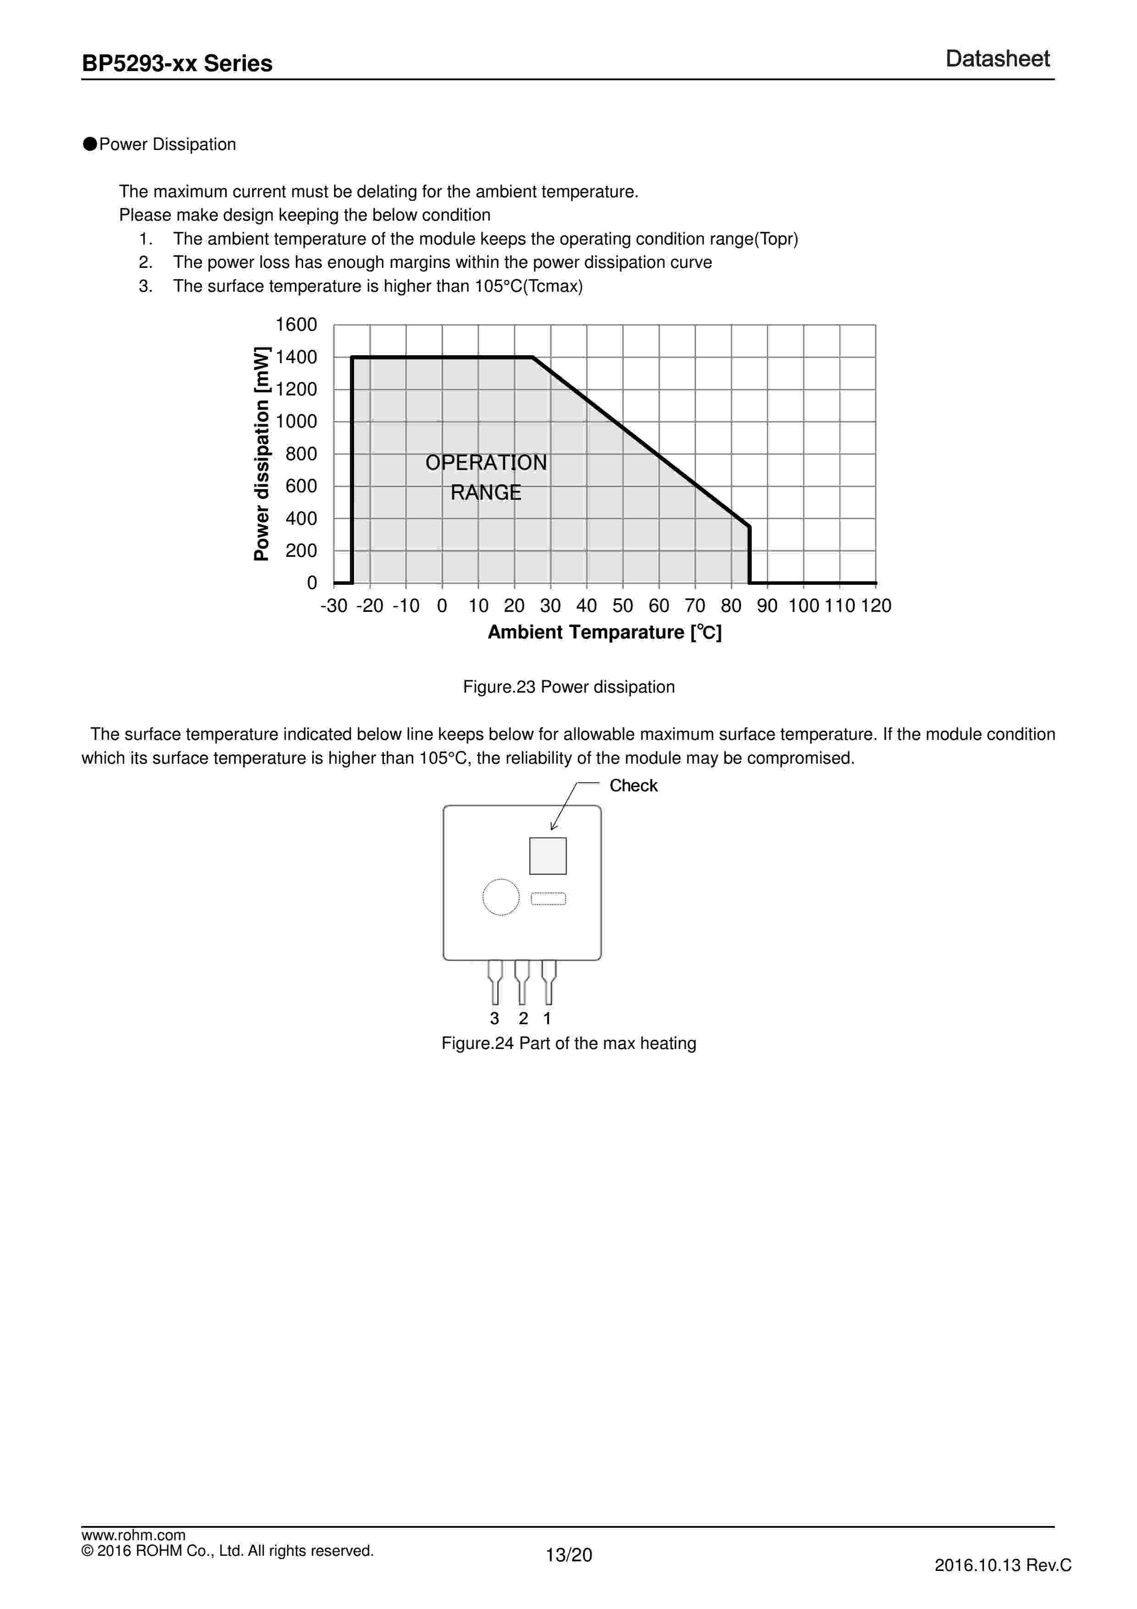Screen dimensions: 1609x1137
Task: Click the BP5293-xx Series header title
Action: [177, 64]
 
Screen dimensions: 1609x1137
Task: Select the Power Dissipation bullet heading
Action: [167, 144]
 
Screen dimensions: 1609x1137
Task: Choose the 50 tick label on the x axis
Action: [623, 605]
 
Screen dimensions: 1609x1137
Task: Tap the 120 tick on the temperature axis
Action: [876, 605]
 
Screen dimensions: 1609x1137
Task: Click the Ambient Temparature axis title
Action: [605, 632]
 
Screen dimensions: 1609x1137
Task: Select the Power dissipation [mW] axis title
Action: [261, 454]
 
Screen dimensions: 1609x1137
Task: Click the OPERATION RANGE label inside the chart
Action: [486, 477]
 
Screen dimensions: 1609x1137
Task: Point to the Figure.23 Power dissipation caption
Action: [568, 687]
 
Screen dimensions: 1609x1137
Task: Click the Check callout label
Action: [633, 786]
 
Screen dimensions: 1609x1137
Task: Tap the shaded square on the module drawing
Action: [548, 856]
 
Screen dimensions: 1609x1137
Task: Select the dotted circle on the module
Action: [501, 897]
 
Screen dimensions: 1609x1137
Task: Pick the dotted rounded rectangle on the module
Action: [549, 899]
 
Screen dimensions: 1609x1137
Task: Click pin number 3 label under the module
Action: [494, 1018]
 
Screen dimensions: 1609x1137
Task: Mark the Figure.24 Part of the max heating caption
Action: [568, 1043]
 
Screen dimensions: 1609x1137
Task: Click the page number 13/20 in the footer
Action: [568, 1555]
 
